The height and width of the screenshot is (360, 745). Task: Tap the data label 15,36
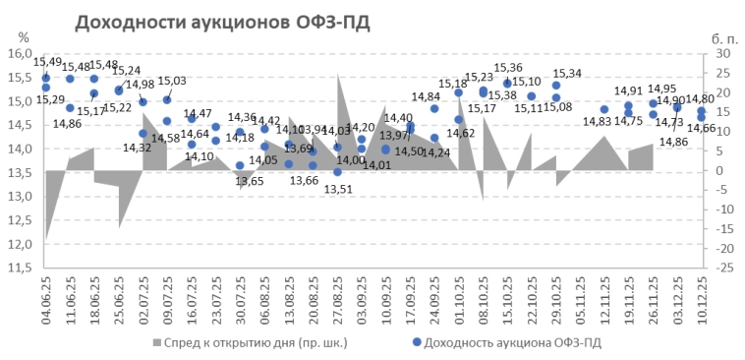pyautogui.click(x=508, y=68)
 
